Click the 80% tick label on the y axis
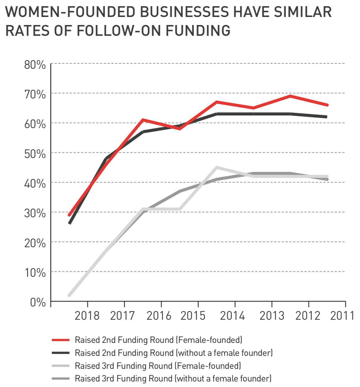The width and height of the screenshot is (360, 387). [x=35, y=65]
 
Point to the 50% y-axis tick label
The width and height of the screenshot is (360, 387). [x=35, y=154]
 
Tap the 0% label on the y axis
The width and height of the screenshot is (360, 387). [x=38, y=302]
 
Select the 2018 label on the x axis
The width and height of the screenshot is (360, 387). [x=87, y=316]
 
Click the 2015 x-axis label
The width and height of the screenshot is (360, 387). [x=193, y=316]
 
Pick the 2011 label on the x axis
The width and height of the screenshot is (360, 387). [x=342, y=316]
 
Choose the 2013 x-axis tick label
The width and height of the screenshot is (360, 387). [x=272, y=316]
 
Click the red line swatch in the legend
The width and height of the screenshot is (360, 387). [x=61, y=340]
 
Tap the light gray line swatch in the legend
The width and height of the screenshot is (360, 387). [x=61, y=366]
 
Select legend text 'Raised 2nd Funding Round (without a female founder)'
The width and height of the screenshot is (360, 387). [x=174, y=353]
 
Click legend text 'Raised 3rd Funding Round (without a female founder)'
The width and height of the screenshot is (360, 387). [x=173, y=379]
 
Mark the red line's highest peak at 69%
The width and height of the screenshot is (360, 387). [x=291, y=96]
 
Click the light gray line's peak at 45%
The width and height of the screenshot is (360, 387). [x=217, y=168]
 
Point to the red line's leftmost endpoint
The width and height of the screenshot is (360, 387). [x=69, y=215]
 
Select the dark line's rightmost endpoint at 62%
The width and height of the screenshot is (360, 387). [x=327, y=117]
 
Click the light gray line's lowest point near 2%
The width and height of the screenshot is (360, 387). [x=69, y=295]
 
